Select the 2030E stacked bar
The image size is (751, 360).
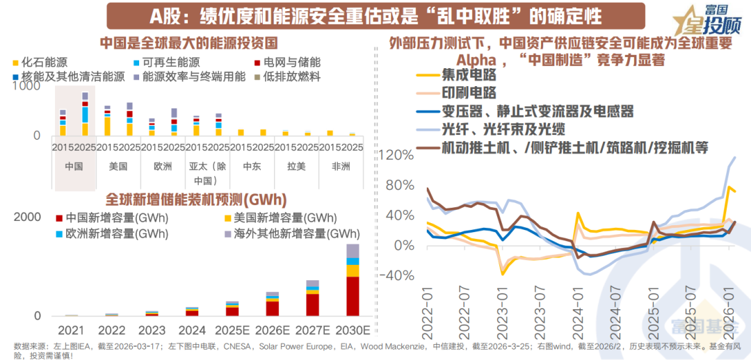[x=353, y=281]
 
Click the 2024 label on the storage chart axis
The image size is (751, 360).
[x=192, y=330]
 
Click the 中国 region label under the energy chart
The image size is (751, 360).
[x=74, y=167]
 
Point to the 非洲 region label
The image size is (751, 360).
[x=341, y=167]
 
